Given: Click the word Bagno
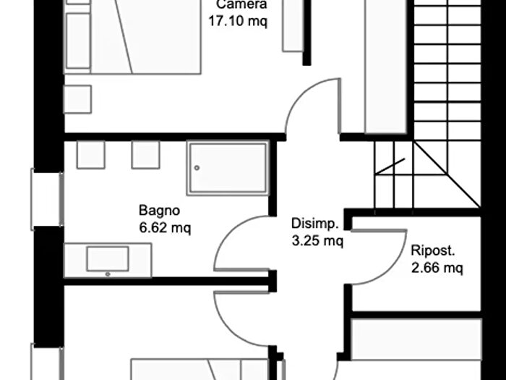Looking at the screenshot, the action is (x=159, y=211).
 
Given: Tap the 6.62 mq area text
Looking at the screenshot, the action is (x=165, y=227).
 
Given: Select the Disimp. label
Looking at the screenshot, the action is (x=315, y=224).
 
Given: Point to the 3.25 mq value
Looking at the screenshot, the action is (x=317, y=241).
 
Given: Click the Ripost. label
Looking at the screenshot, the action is (x=433, y=250).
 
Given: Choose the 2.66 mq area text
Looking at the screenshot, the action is (x=437, y=268).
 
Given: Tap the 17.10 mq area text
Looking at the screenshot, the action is (x=238, y=21).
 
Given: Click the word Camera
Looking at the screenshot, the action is (x=241, y=4).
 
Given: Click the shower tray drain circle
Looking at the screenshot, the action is (x=197, y=168).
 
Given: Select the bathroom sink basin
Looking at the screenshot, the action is (x=108, y=258).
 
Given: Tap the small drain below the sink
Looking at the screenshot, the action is (x=108, y=274).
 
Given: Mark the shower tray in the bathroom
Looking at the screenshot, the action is (x=228, y=168).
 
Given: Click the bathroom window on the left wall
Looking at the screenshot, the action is (x=47, y=200).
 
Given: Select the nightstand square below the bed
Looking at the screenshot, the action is (x=77, y=99).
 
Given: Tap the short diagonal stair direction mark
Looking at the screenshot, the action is (x=390, y=166).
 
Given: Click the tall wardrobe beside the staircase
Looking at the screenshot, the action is (x=385, y=67).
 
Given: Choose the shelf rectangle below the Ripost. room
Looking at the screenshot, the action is (x=416, y=339).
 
